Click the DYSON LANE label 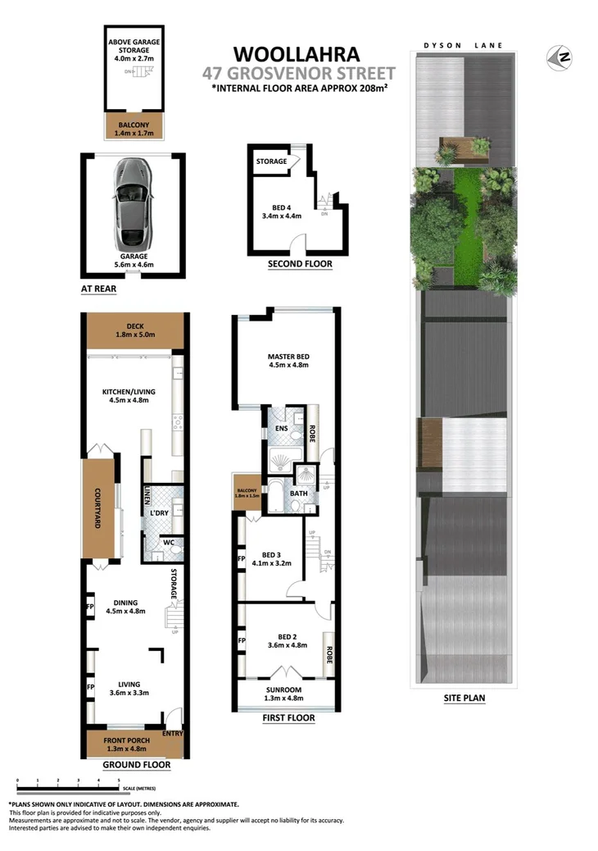[x=462, y=46]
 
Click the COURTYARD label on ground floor [x=97, y=509]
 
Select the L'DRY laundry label [x=158, y=513]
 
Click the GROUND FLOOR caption [x=136, y=765]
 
